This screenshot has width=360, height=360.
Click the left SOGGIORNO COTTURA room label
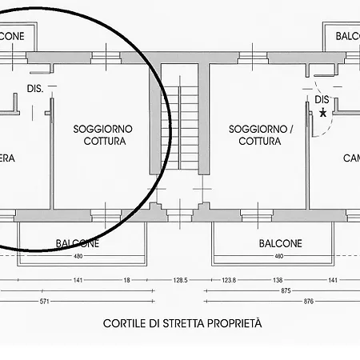(102, 134)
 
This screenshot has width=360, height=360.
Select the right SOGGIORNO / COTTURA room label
(260, 134)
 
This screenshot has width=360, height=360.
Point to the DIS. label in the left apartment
(34, 90)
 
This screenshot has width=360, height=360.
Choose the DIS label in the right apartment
(322, 99)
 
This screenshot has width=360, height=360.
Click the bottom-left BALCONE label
(78, 243)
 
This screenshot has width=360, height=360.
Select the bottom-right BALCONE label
(280, 243)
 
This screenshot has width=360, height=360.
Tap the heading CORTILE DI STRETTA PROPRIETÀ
(182, 324)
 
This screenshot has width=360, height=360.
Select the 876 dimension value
(331, 302)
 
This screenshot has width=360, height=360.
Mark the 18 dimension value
(126, 281)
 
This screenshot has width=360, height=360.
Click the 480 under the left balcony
(78, 256)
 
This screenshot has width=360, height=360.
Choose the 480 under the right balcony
(278, 256)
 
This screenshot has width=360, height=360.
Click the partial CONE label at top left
(11, 36)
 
